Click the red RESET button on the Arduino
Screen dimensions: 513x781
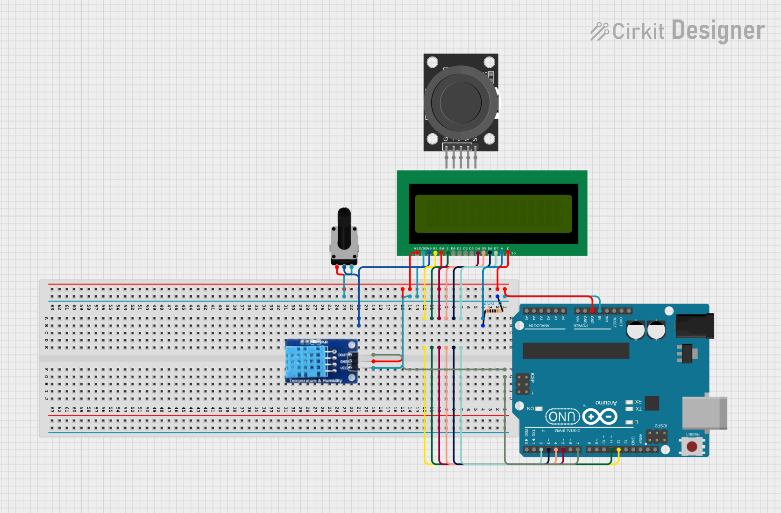point(692,447)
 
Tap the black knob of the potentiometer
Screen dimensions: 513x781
point(344,228)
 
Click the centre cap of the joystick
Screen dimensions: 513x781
point(461,102)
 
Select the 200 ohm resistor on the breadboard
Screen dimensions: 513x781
point(493,310)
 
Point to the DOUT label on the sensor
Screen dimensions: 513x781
point(342,355)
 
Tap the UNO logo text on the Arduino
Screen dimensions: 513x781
point(562,417)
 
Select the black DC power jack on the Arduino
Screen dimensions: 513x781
point(695,326)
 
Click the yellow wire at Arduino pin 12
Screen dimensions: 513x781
point(618,450)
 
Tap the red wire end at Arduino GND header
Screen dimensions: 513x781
point(592,311)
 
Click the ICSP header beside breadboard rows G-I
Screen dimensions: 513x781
point(523,384)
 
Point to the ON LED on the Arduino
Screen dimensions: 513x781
point(539,409)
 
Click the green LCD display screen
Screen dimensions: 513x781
point(493,214)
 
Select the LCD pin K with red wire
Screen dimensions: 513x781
point(508,253)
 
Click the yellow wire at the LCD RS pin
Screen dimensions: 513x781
point(435,253)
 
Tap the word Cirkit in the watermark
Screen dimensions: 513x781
point(638,32)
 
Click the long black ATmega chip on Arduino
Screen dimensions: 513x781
point(575,350)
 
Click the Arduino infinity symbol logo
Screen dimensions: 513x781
point(600,416)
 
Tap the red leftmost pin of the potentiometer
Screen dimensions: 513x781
point(337,268)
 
